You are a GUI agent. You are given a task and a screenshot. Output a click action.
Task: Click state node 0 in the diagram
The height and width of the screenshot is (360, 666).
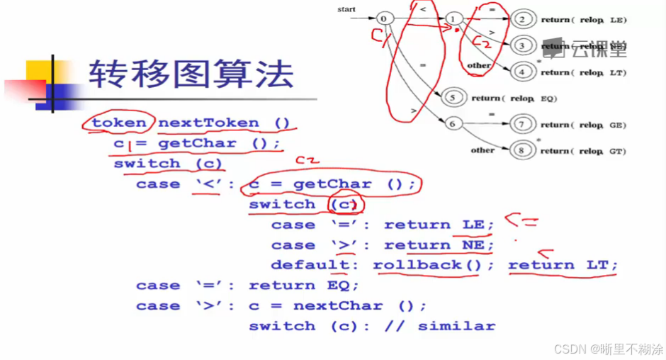tap(384, 18)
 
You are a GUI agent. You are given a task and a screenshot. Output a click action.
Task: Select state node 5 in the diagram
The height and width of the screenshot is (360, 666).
tap(454, 98)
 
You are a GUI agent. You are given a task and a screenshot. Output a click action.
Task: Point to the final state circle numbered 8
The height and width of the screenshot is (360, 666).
tap(522, 150)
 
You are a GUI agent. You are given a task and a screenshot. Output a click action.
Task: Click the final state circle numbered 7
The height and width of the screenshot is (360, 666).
tap(522, 124)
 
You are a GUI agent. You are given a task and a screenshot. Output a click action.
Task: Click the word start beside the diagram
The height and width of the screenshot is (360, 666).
tap(346, 9)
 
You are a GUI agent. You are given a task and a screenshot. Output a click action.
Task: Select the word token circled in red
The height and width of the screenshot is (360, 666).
tap(119, 123)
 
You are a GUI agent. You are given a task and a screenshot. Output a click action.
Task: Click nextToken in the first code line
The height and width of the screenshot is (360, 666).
tap(208, 123)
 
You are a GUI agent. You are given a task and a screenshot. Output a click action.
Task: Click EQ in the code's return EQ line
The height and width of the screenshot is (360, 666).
tap(343, 286)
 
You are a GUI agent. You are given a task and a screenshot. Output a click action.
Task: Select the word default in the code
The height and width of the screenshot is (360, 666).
tap(310, 265)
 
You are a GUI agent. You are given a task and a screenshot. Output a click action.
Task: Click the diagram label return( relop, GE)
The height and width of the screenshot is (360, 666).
tap(584, 125)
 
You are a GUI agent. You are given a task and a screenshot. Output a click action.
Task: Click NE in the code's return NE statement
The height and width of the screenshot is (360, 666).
tap(473, 245)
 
